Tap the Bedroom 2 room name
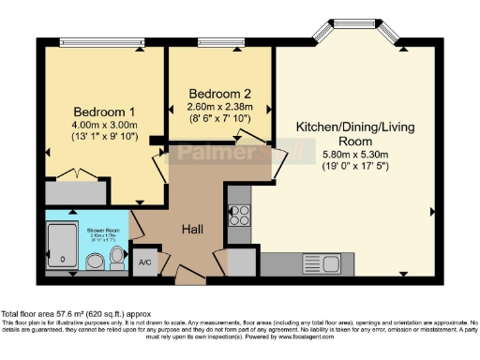[220, 94]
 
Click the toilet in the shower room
[95, 260]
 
